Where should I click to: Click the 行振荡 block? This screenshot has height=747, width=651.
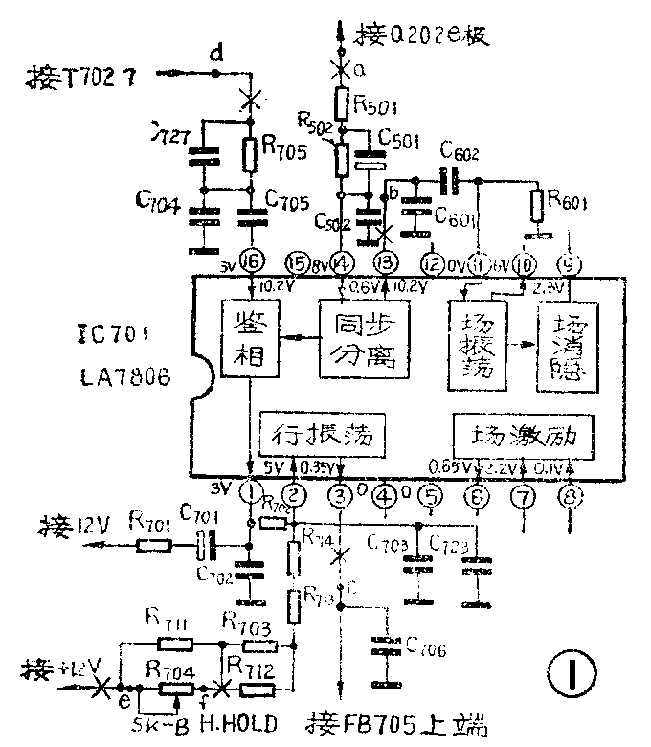(x=325, y=436)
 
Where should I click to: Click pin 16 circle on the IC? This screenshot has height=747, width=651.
(x=251, y=261)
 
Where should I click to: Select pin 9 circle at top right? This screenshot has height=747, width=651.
(x=570, y=260)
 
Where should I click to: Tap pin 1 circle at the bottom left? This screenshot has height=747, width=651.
(x=250, y=494)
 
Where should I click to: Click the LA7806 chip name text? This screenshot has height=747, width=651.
(x=123, y=377)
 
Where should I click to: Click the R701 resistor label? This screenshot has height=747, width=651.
(x=150, y=523)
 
